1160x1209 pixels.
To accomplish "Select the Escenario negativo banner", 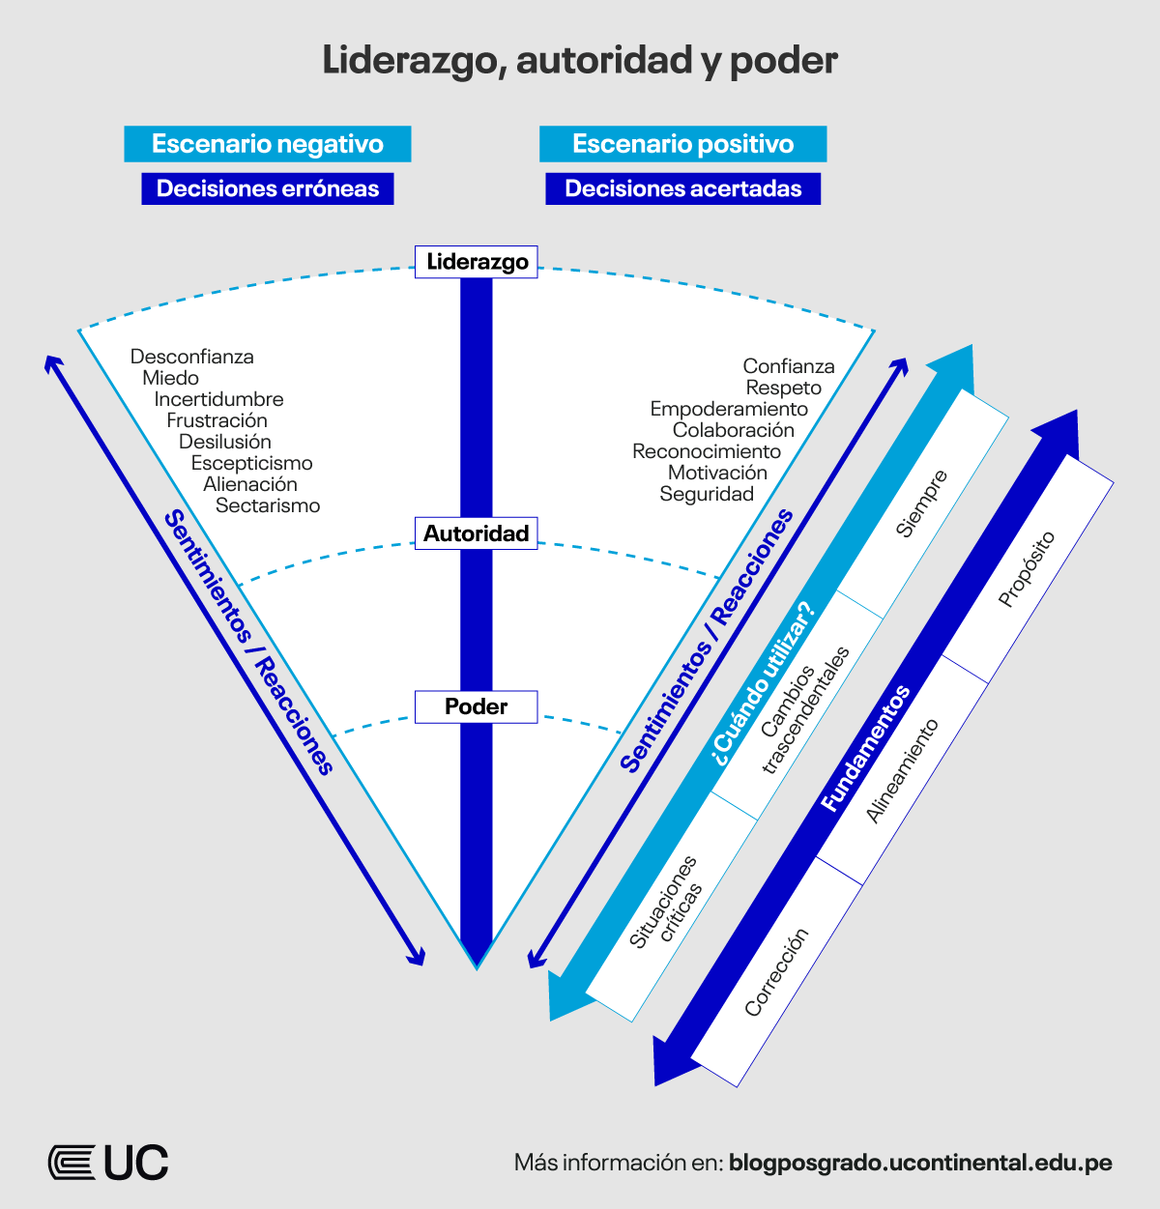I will pos(268,144).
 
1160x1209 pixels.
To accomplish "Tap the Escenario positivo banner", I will pos(682,144).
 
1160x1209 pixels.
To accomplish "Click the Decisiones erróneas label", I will pos(268,188).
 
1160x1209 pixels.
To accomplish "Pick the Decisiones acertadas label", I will pos(682,188).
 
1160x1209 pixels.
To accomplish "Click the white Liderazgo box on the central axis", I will pos(477,262).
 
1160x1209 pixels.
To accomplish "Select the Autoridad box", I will pos(476,533).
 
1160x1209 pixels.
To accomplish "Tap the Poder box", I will pos(476,706).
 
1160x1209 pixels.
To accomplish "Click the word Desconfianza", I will pos(192,357).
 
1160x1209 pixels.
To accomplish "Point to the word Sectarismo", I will pos(268,505).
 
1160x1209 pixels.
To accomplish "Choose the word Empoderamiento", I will pos(729,409).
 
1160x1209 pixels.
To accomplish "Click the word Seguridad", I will pos(707,494).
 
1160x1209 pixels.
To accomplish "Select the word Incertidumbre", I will pos(219,399).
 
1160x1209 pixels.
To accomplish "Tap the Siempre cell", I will pos(921,504).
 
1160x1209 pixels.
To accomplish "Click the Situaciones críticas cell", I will pos(665,902).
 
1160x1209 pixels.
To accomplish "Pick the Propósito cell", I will pos(1027,569).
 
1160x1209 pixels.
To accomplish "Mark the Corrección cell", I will pos(776,972).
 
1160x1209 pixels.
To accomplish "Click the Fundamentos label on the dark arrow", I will pos(865,749).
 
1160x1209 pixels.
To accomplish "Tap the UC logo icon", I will pos(72,1162).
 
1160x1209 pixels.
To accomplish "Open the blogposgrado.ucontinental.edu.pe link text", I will pos(920,1163).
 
